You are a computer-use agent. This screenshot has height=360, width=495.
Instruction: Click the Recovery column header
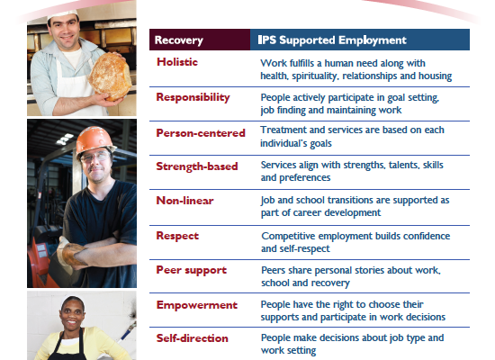tap(179, 40)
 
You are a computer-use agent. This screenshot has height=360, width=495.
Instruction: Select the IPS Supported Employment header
tap(332, 40)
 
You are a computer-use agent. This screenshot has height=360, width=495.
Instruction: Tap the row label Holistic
tap(177, 62)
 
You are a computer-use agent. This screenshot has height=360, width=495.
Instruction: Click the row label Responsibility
tap(193, 97)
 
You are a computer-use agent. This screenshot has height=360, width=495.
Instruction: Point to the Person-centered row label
tap(201, 133)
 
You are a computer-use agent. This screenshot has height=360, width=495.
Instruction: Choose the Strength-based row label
tap(197, 166)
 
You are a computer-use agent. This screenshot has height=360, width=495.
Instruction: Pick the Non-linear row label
tap(185, 201)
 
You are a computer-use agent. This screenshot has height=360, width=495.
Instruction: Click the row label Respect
tap(177, 236)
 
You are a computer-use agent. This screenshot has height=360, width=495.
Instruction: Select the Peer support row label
tap(192, 270)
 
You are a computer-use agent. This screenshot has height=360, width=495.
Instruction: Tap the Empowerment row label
tap(197, 305)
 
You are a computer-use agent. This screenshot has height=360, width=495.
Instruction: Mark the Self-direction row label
tap(193, 338)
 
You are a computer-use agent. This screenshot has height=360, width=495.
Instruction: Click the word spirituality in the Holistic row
tap(314, 76)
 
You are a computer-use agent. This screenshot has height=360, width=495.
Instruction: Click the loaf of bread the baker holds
tap(110, 76)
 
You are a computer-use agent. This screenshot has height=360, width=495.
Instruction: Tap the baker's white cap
tap(62, 13)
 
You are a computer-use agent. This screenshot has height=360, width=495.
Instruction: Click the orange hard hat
tap(94, 140)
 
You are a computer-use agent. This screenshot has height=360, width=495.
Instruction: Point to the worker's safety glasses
tap(95, 157)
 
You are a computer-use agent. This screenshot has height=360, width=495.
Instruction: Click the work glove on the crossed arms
tap(70, 254)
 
